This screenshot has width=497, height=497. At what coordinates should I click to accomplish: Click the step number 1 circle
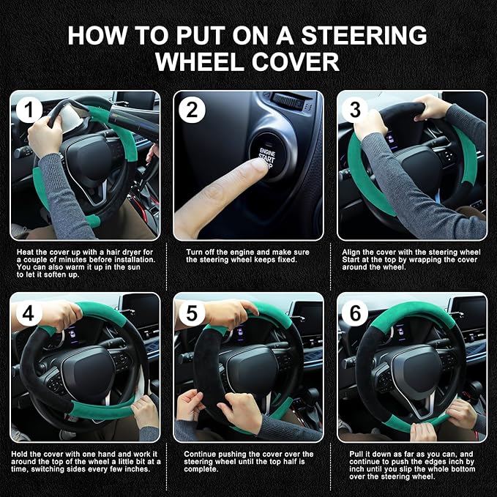[x=29, y=111]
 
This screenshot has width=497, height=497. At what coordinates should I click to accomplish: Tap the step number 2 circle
[x=193, y=111]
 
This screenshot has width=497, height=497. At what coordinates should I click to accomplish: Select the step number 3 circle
[x=356, y=111]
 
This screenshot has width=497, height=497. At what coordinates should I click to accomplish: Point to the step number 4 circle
[x=29, y=313]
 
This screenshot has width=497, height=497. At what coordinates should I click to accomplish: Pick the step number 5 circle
[x=193, y=313]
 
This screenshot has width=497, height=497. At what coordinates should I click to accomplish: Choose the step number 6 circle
[x=356, y=313]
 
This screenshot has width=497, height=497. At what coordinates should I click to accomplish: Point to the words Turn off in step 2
[x=198, y=251]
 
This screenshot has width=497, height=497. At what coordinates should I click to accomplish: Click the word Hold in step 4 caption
[x=23, y=454]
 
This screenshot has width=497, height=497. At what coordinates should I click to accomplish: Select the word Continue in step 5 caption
[x=201, y=454]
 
